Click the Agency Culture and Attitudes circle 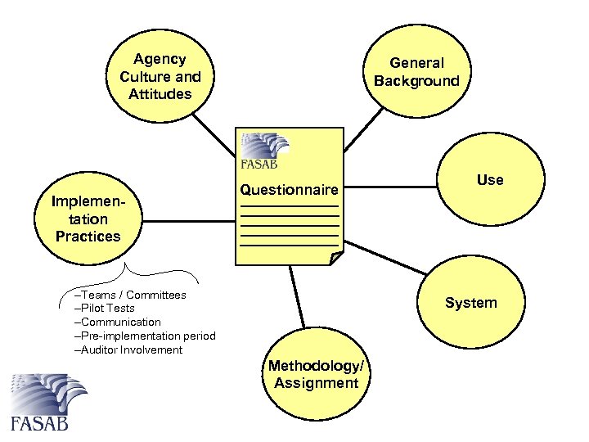coord(160,77)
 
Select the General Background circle coord(416,72)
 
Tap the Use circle coord(489,180)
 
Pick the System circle coord(470,303)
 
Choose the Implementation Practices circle coord(88,219)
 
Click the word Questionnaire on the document coord(289,190)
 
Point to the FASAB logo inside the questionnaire coord(264,150)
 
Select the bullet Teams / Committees coord(130,295)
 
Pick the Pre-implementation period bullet coord(145,336)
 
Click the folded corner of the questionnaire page coord(336,258)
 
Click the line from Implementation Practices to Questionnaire coord(188,219)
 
